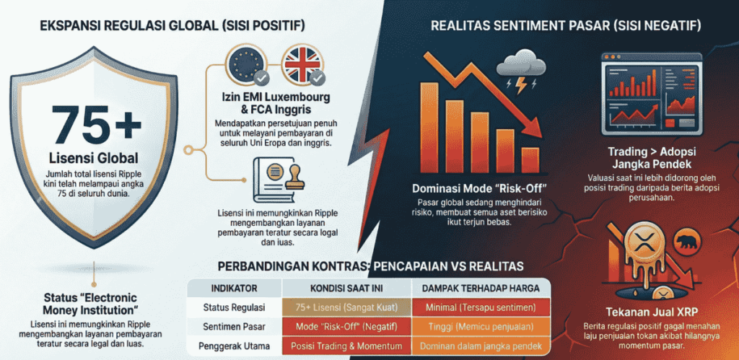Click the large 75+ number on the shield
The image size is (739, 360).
tap(96, 124)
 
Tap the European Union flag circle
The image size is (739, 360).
tap(245, 66)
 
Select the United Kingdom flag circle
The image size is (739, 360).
tap(301, 66)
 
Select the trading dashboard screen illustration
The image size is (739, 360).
tap(652, 94)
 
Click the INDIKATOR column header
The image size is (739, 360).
tap(235, 288)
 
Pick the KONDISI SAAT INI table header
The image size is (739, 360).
tap(346, 288)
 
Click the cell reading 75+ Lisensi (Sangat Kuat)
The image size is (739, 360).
tap(347, 307)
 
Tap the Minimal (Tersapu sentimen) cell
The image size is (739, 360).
tap(481, 307)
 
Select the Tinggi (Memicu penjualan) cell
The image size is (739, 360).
tap(481, 327)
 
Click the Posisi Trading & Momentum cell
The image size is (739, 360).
tap(347, 346)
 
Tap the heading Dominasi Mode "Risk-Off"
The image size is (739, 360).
tap(479, 189)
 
